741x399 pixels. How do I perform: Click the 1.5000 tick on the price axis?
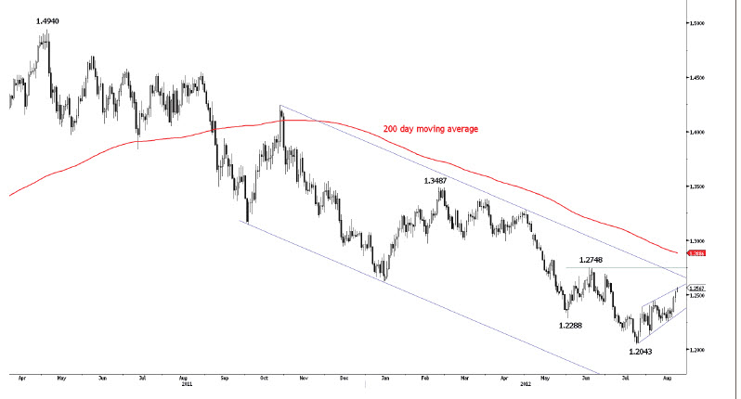point(696,23)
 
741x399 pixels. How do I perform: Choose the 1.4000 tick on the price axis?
point(696,132)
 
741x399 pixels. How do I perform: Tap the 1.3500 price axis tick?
point(696,187)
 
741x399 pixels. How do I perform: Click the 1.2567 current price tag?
point(695,288)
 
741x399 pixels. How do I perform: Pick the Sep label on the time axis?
point(225,379)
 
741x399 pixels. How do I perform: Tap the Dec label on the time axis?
point(344,379)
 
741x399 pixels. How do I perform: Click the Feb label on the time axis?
point(424,379)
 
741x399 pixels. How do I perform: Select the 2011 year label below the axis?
point(186,384)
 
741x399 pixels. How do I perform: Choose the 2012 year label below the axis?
point(526,384)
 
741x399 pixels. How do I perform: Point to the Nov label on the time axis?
point(304,379)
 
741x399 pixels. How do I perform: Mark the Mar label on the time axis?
point(463,379)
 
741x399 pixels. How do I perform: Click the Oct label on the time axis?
point(264,379)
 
